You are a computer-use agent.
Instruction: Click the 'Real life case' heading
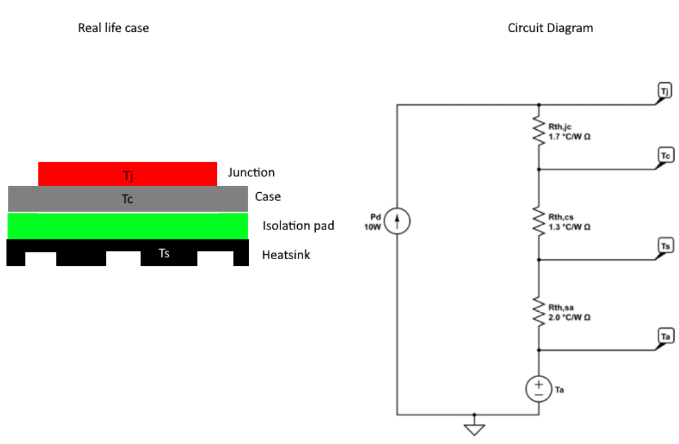[113, 28]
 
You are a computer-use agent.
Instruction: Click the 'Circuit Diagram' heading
[550, 28]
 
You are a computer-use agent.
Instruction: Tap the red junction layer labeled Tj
[127, 175]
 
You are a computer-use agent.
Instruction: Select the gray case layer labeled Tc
[127, 199]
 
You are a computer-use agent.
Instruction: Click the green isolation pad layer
[127, 226]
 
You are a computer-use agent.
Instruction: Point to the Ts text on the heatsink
[164, 253]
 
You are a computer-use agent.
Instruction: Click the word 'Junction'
[251, 173]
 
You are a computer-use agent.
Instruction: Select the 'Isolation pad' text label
[298, 226]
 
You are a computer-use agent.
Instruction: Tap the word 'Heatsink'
[286, 255]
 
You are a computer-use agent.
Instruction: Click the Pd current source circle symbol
[397, 222]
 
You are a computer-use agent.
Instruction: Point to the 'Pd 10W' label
[373, 221]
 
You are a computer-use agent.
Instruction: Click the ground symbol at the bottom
[474, 429]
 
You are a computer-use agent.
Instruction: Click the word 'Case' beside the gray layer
[268, 197]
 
